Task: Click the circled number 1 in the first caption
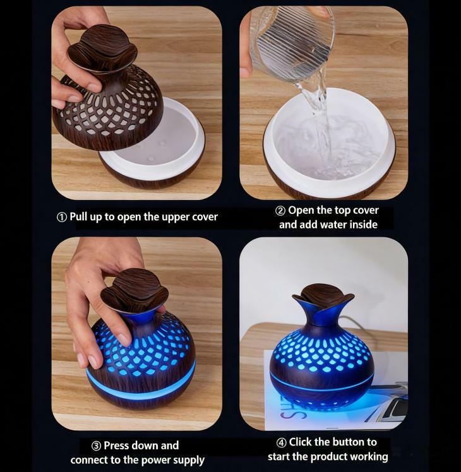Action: [x=62, y=217]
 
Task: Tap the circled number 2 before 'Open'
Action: [x=280, y=211]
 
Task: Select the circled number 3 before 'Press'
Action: [x=96, y=446]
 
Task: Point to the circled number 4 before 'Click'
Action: [x=281, y=442]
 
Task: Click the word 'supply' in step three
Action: [x=189, y=461]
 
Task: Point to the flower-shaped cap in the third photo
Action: [x=135, y=290]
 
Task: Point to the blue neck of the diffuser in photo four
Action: [x=323, y=313]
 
